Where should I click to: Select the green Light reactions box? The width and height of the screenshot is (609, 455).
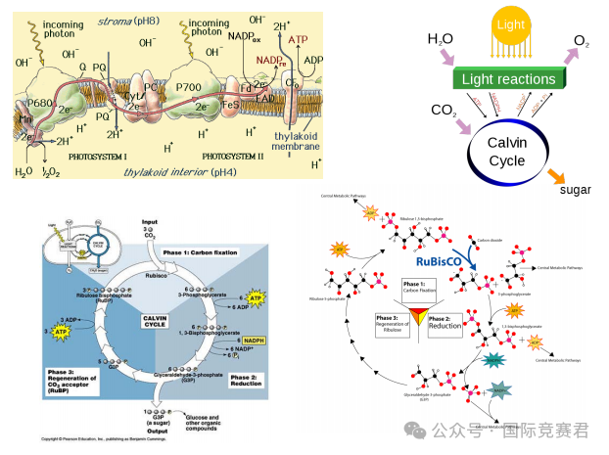(x=508, y=79)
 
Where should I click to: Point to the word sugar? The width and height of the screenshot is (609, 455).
(x=575, y=189)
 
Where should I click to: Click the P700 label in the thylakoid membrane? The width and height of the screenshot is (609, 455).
(x=188, y=88)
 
